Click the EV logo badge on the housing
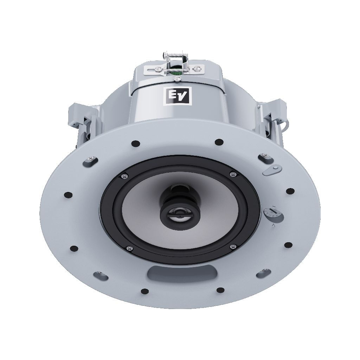click(178, 96)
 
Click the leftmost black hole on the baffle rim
click(69, 195)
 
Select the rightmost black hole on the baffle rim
click(290, 191)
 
